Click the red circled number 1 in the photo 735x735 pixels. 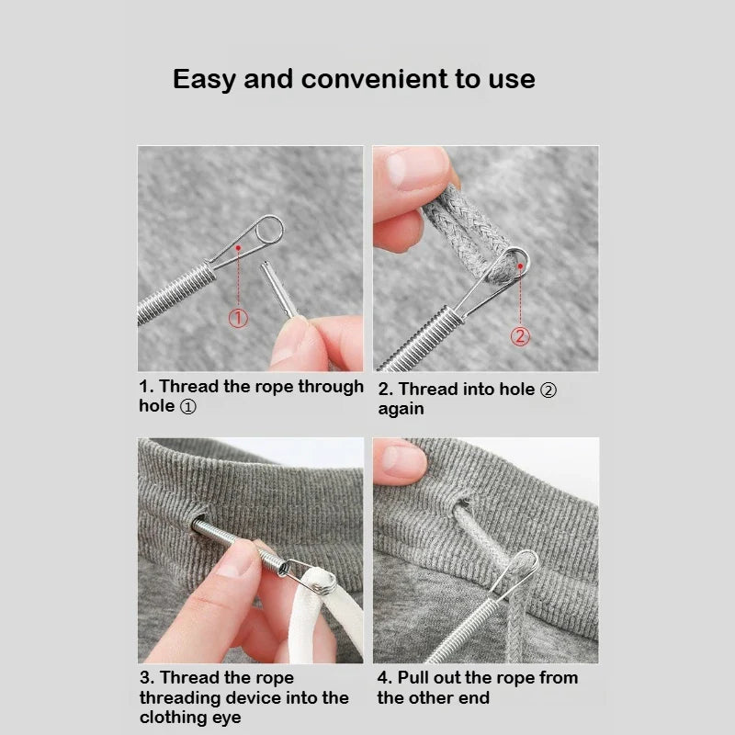tap(238, 319)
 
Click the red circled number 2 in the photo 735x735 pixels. tap(520, 335)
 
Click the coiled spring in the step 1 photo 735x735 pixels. tap(175, 289)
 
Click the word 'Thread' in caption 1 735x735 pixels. tap(187, 387)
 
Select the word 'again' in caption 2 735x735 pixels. tap(401, 409)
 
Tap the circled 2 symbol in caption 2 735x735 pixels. tap(548, 390)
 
